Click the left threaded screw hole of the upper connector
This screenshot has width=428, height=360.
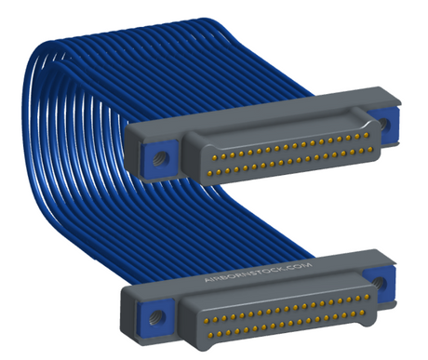point(158,159)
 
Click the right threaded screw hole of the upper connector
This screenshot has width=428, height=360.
point(384,124)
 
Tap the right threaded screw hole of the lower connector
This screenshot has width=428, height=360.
point(379,283)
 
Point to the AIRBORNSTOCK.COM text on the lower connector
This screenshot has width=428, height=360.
point(258,273)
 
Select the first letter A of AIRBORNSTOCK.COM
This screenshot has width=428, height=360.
point(207,280)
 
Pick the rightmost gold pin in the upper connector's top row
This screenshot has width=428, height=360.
point(366,135)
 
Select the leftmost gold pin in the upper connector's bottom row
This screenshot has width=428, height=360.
point(209,172)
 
